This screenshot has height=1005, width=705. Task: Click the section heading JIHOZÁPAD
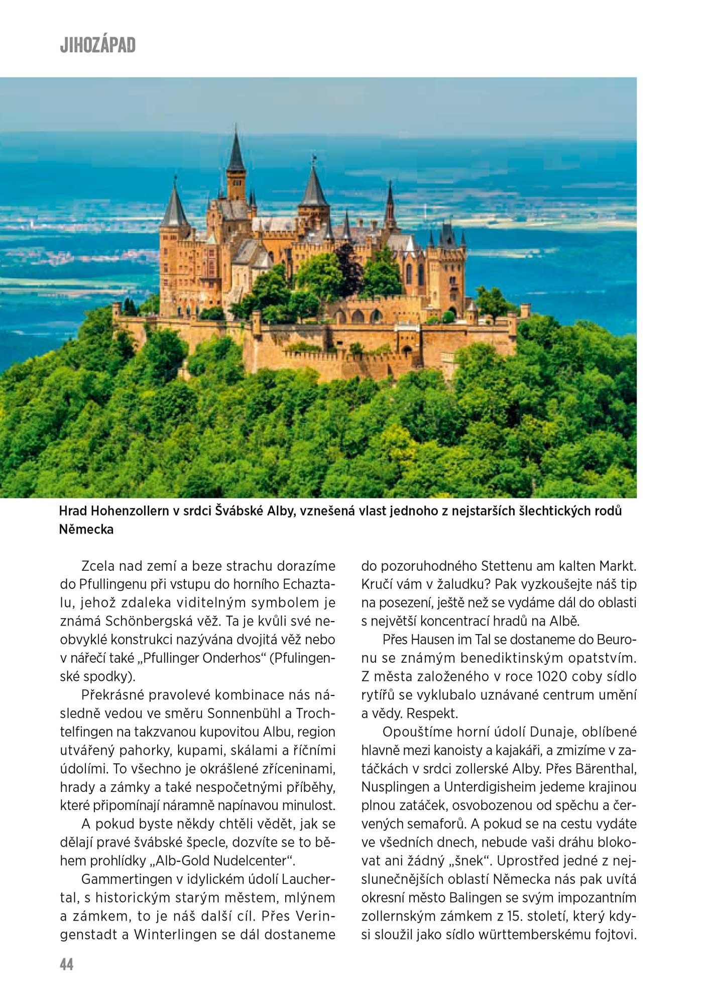[x=97, y=45]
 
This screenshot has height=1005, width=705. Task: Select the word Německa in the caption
[x=86, y=529]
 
